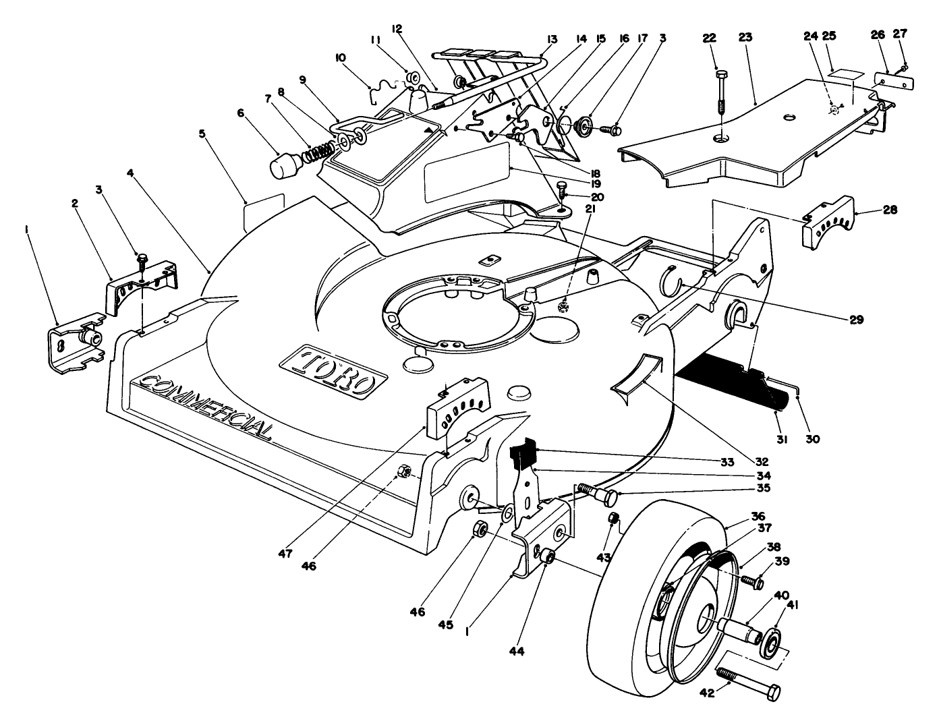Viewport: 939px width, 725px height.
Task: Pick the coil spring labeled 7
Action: pos(318,152)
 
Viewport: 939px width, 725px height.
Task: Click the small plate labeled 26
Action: pos(894,81)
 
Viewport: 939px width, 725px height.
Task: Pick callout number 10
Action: pos(340,58)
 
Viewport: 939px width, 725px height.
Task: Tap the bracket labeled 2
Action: pos(142,287)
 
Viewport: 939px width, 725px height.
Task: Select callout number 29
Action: pos(856,320)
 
